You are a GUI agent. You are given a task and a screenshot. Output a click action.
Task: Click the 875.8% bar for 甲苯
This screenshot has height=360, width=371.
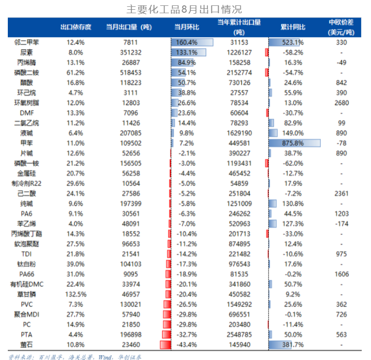294,143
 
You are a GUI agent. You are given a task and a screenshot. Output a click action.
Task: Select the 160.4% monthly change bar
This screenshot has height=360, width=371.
193,42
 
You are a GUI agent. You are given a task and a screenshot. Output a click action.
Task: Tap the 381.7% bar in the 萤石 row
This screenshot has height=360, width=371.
286,345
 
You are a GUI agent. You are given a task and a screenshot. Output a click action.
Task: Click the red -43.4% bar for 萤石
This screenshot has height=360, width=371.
166,345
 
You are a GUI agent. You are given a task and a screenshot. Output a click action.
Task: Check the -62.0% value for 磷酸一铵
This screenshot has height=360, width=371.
293,163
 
